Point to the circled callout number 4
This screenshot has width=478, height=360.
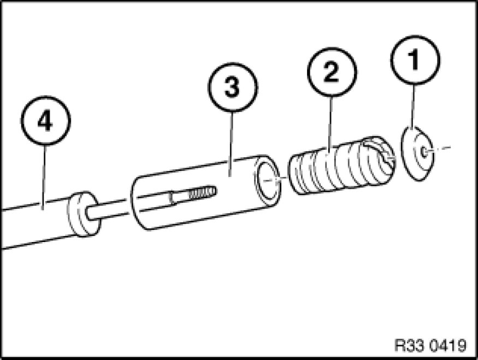point(46,123)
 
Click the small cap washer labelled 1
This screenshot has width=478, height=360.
point(418,154)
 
